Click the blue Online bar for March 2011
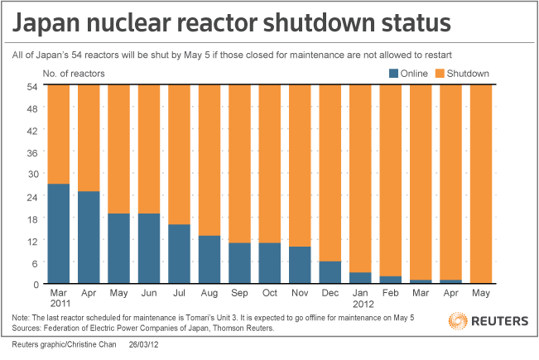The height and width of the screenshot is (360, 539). coord(58,233)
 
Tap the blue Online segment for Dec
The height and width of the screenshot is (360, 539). coord(329,272)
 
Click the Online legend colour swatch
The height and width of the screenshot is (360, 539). coord(394,73)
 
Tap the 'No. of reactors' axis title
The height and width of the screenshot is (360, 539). coord(75,73)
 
